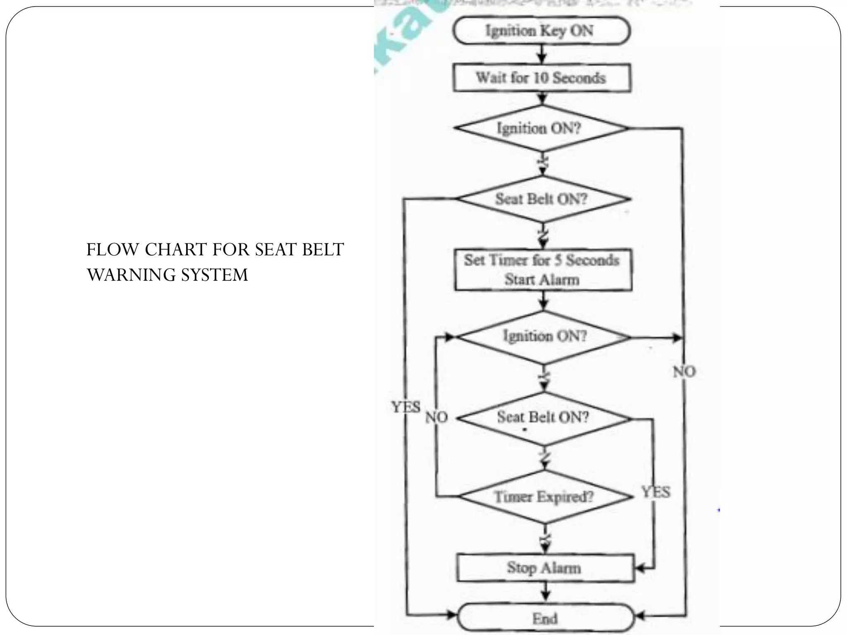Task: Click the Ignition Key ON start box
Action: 541,31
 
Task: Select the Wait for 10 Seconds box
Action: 542,78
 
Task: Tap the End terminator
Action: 545,618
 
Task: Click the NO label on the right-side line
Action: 684,372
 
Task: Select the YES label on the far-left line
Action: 406,408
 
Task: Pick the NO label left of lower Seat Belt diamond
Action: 437,418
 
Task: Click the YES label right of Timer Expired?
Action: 656,492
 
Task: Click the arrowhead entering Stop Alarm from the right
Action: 639,569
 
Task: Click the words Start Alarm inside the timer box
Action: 542,280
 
